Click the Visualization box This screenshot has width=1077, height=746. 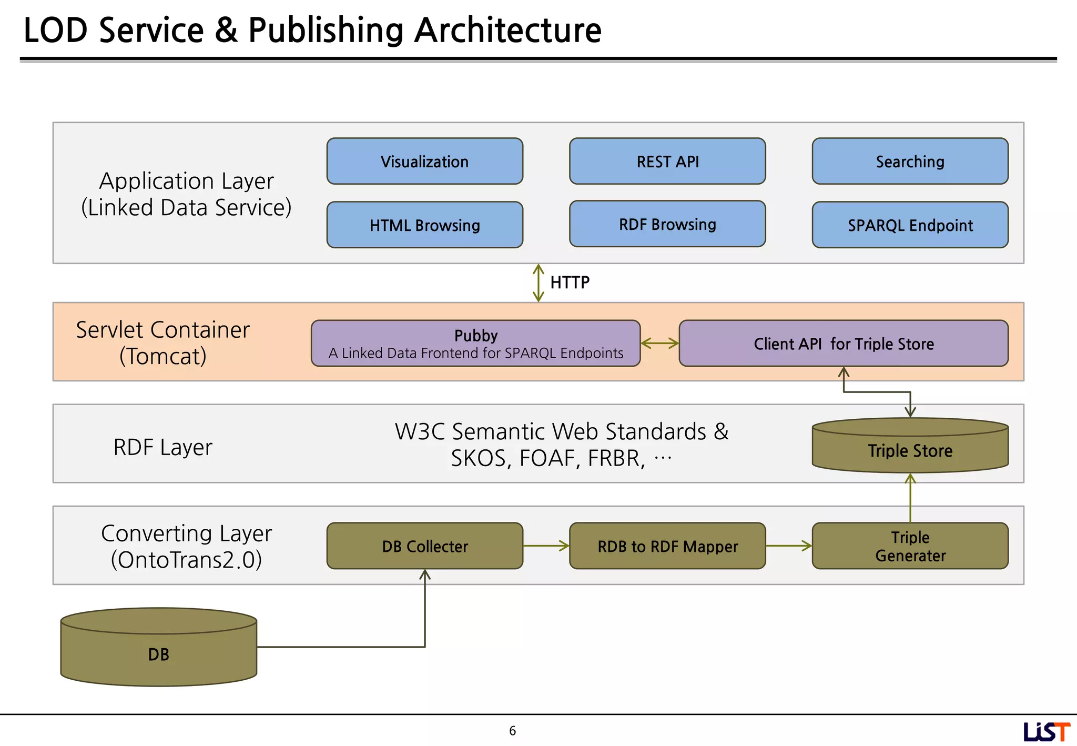tap(424, 162)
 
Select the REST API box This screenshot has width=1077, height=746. tap(667, 162)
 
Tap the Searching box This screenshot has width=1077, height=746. tap(910, 162)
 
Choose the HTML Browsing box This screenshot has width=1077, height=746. tap(424, 225)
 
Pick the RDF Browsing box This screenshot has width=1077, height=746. tap(667, 224)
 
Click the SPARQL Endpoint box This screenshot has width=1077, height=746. tap(910, 225)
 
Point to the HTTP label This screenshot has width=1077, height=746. tap(570, 283)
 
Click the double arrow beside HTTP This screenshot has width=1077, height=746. tap(538, 283)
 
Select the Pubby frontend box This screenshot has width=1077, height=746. tap(475, 344)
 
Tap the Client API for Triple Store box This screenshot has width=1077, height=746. tap(844, 344)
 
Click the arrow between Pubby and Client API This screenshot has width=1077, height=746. tap(660, 344)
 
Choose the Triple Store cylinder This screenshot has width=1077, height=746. tap(910, 447)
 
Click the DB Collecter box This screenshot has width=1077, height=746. tap(424, 546)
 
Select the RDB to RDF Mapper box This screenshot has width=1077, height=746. tap(667, 546)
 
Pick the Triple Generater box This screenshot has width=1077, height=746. tap(910, 546)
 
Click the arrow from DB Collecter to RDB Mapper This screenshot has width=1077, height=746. tap(546, 546)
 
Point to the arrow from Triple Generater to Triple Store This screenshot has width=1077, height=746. tap(910, 497)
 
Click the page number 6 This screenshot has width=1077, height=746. tap(512, 731)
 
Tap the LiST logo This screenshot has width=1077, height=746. tap(1046, 732)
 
